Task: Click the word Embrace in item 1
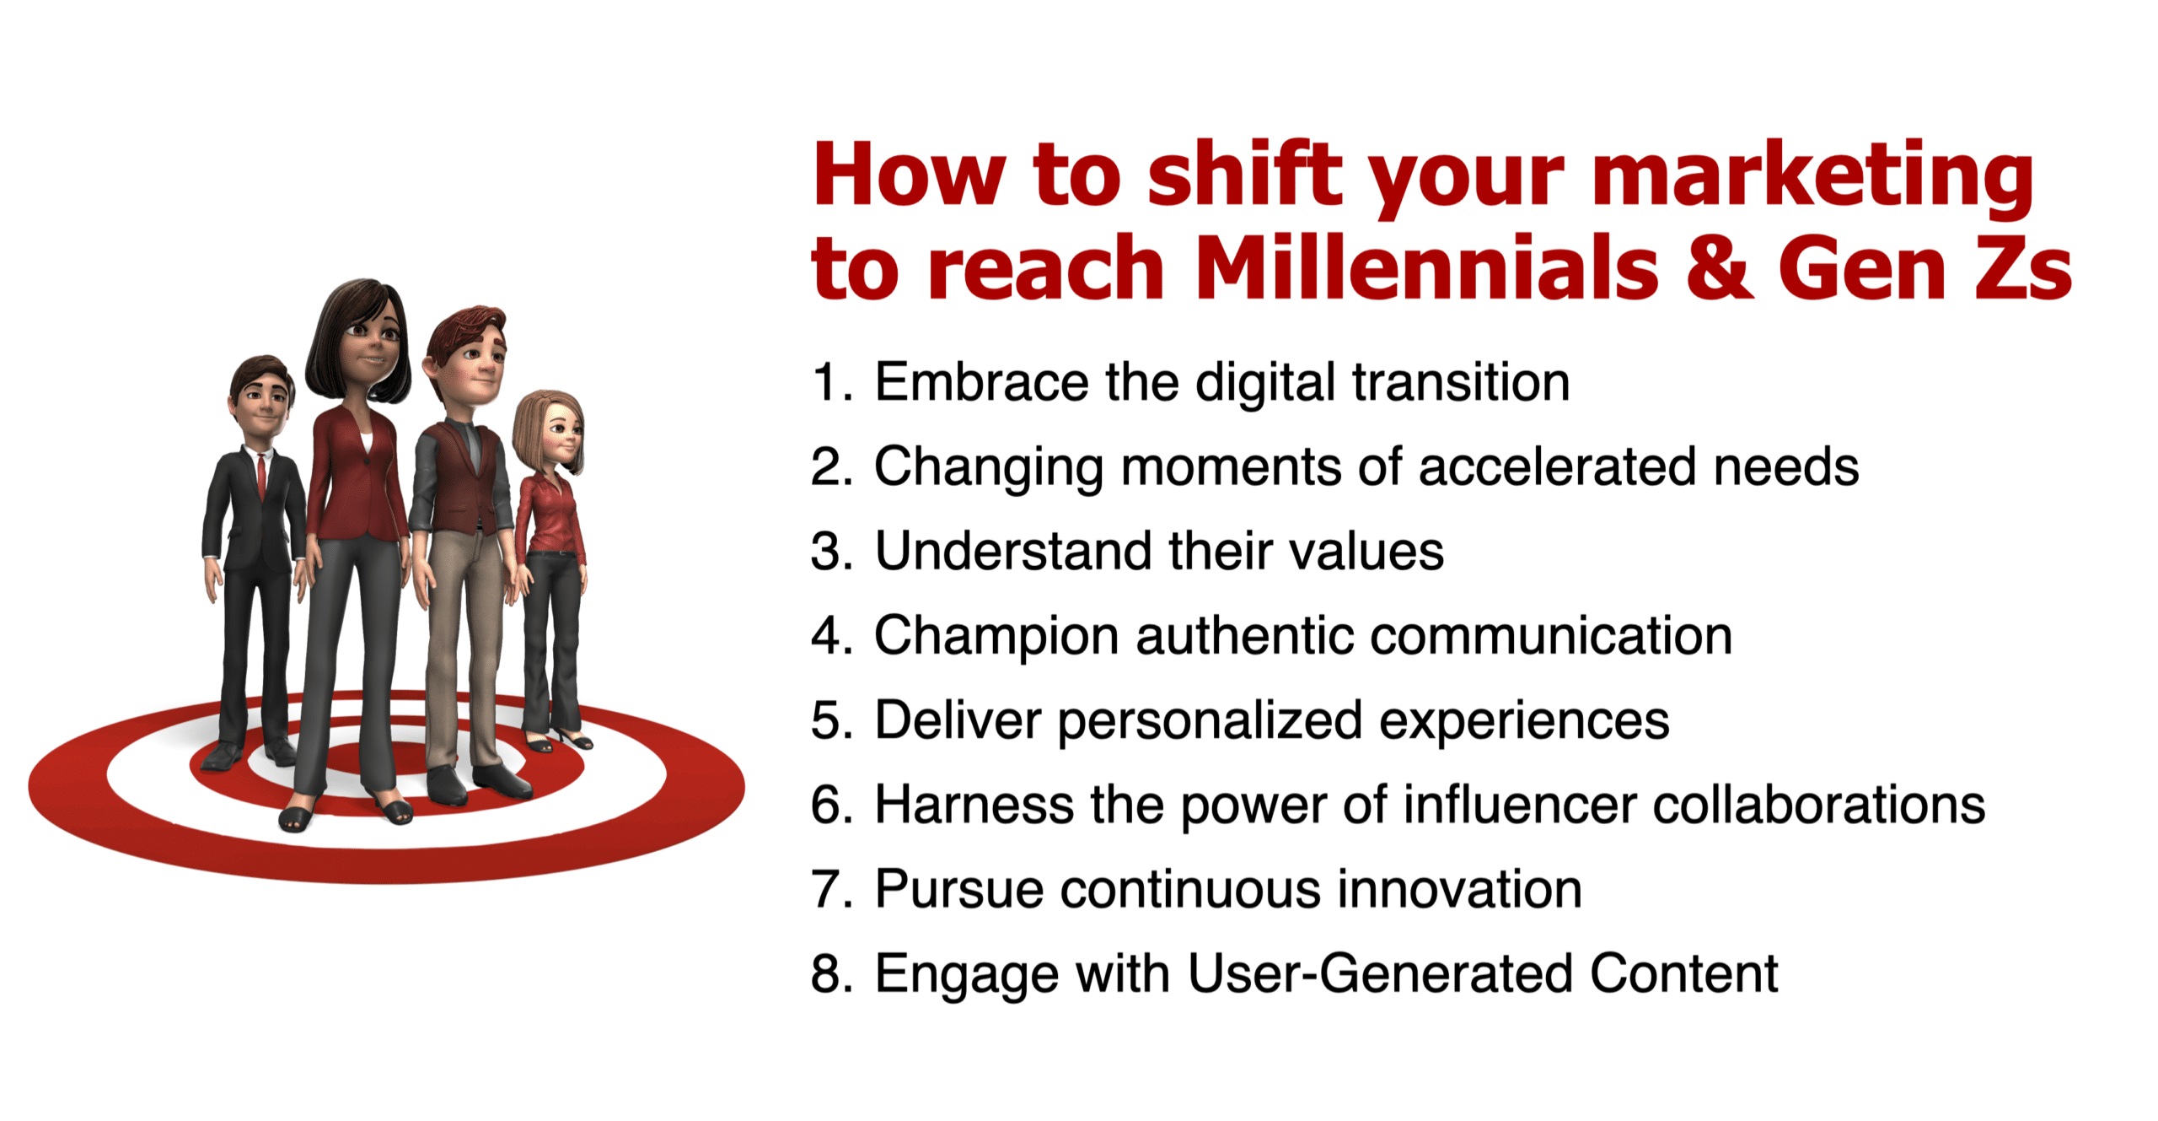point(981,382)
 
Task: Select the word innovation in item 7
point(1459,889)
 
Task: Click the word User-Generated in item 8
point(1380,973)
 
